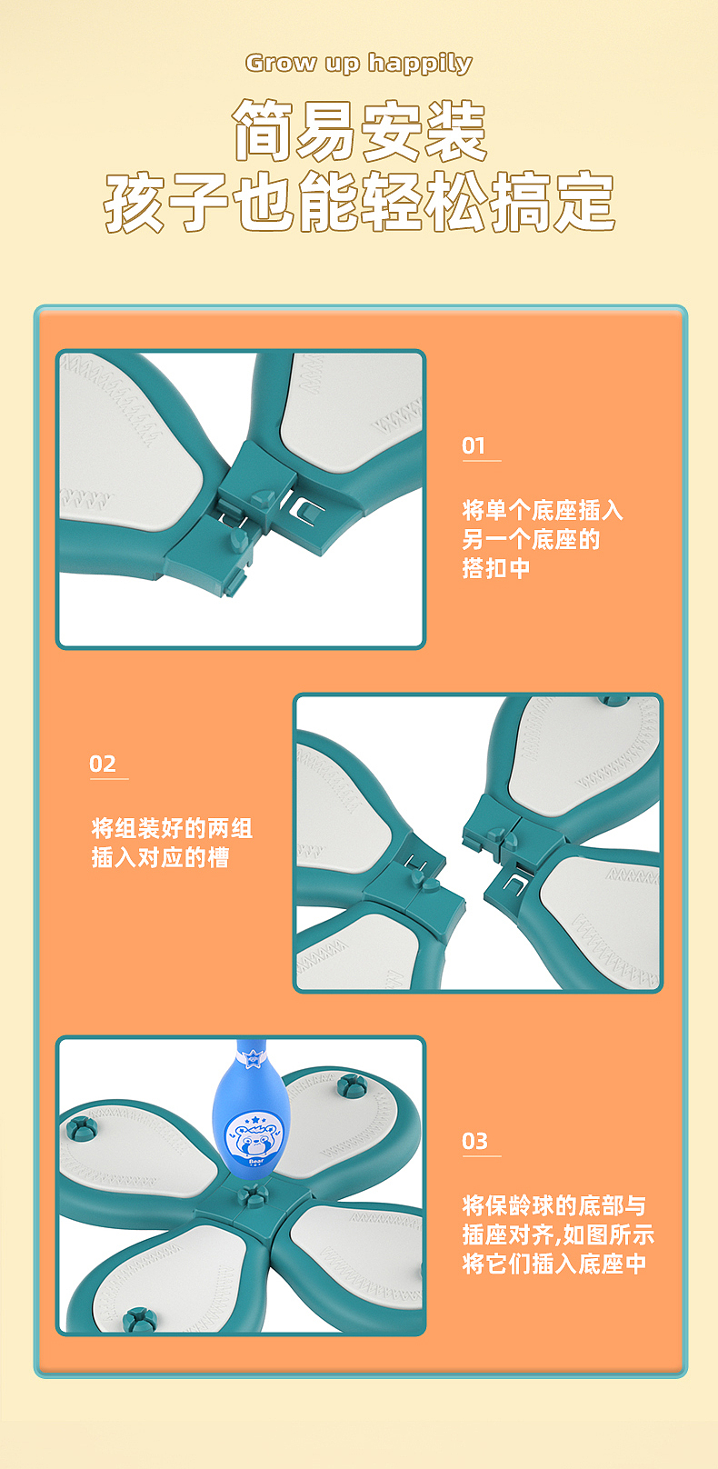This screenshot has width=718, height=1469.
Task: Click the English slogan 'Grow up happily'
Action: (359, 63)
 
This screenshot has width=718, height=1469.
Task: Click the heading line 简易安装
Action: (360, 132)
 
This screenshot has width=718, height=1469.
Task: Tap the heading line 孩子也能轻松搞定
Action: (360, 202)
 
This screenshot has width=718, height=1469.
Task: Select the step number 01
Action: (474, 445)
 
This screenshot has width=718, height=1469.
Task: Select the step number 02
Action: (103, 764)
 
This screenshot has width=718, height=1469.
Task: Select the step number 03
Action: (474, 1141)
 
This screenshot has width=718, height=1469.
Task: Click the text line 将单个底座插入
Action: (543, 510)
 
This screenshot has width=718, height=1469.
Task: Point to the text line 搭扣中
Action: (496, 568)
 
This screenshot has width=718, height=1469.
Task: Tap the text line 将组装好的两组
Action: (172, 828)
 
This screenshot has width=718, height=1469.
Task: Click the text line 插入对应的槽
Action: (160, 857)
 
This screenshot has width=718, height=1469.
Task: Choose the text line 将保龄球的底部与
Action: (554, 1205)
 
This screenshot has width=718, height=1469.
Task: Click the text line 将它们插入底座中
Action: (554, 1264)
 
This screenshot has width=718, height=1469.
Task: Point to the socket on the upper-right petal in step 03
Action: (350, 1084)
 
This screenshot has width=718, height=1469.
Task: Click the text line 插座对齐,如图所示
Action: (558, 1234)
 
